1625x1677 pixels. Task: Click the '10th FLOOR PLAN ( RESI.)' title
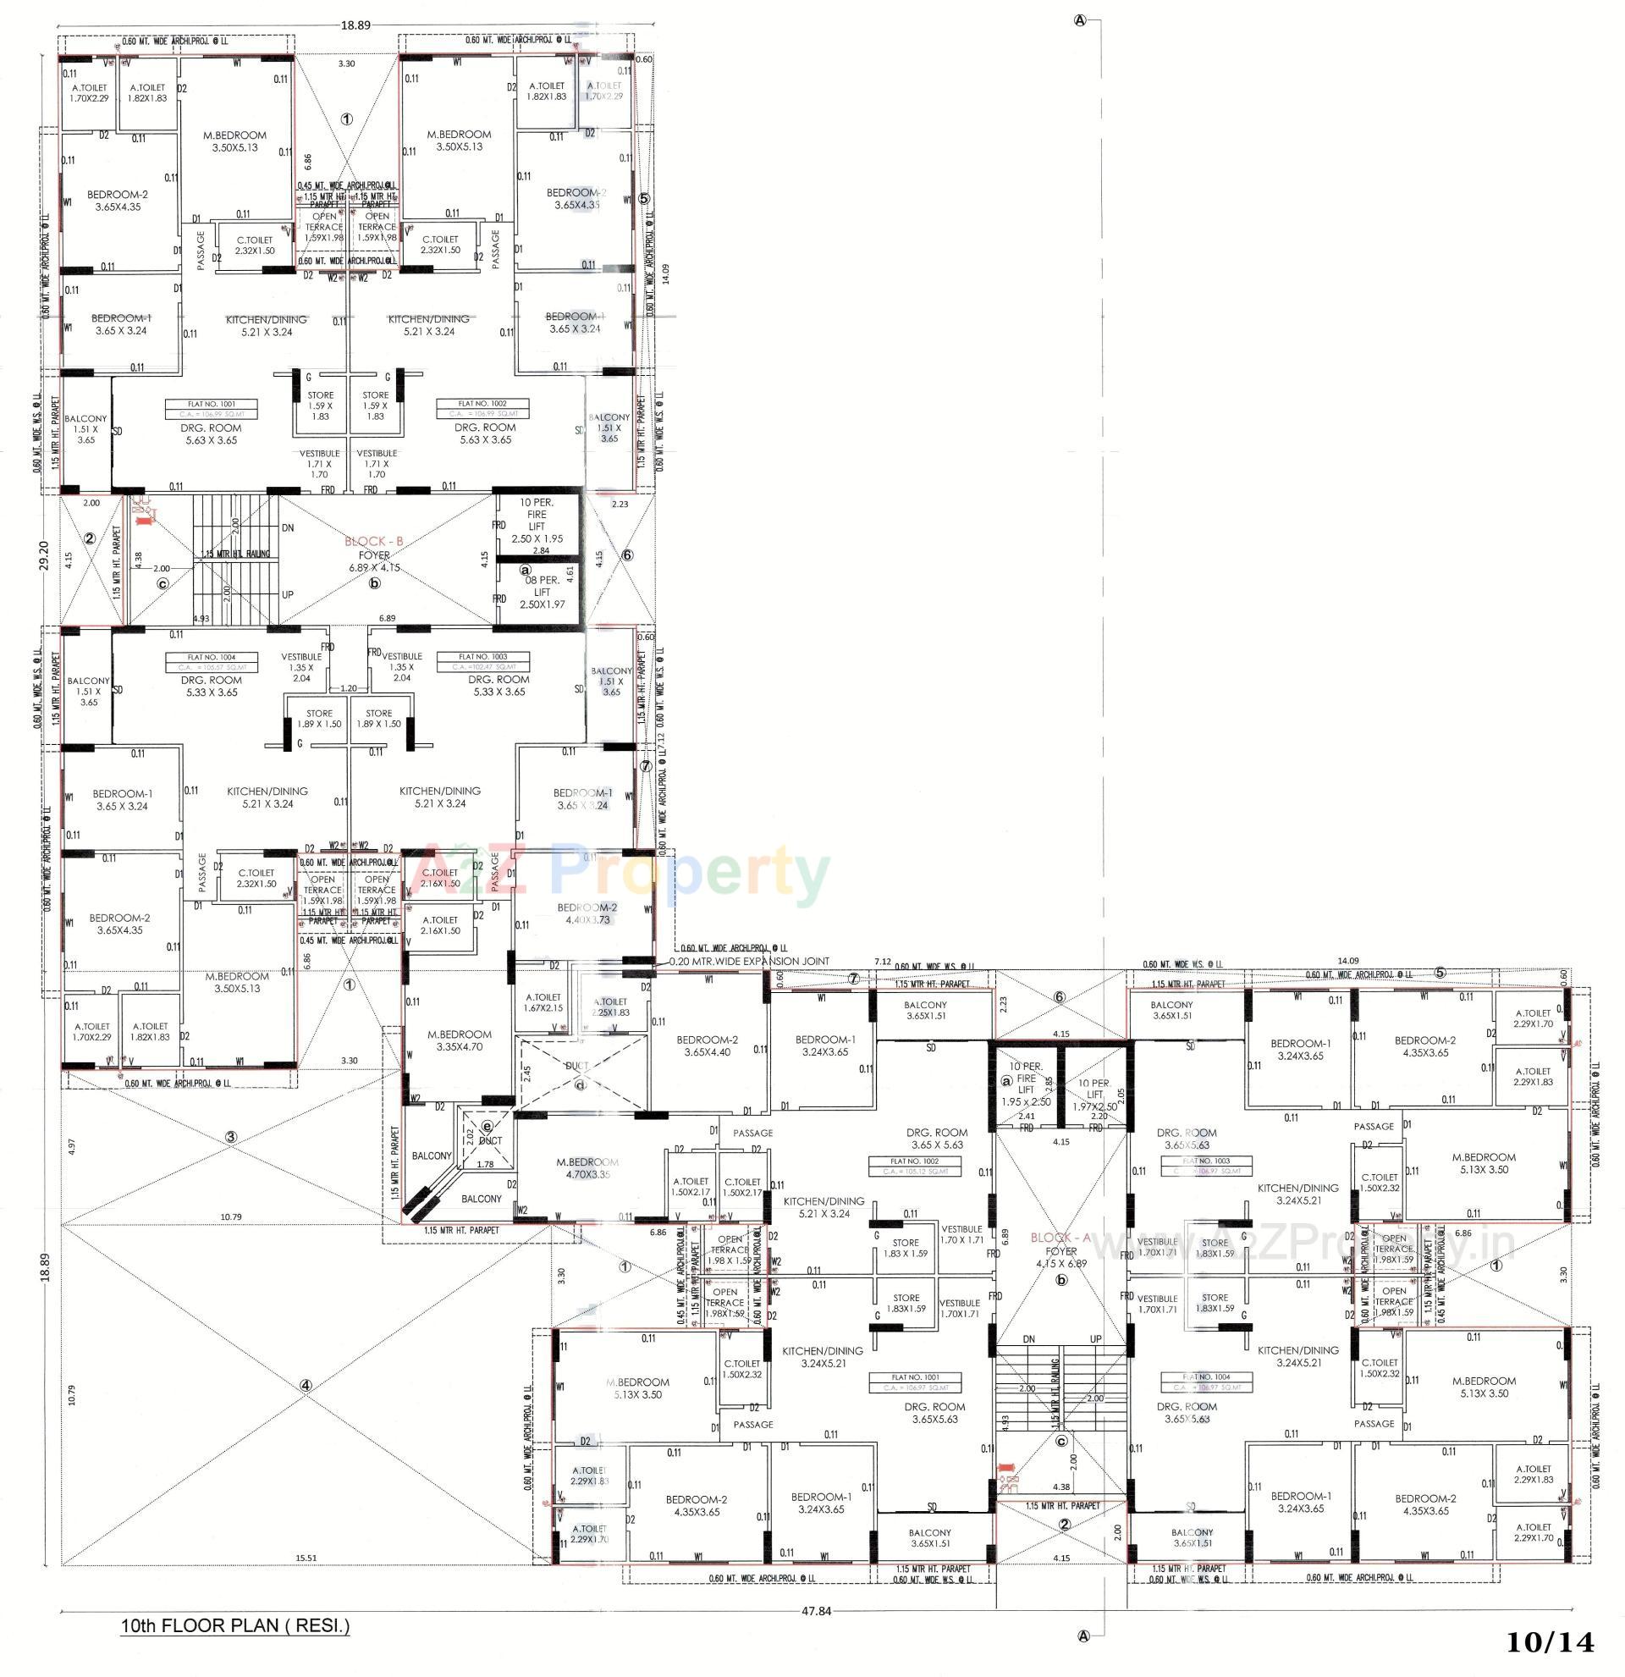point(235,1625)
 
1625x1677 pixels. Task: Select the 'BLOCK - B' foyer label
point(374,542)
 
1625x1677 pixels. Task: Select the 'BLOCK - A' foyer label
point(1060,1237)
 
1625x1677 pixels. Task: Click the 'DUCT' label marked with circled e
point(488,1140)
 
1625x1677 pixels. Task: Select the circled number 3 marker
point(230,1137)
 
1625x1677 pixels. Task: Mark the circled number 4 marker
point(306,1385)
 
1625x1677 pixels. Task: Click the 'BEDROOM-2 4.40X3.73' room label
point(587,913)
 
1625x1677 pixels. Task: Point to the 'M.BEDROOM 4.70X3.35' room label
point(587,1168)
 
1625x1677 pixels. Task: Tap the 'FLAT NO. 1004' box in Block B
point(207,658)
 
